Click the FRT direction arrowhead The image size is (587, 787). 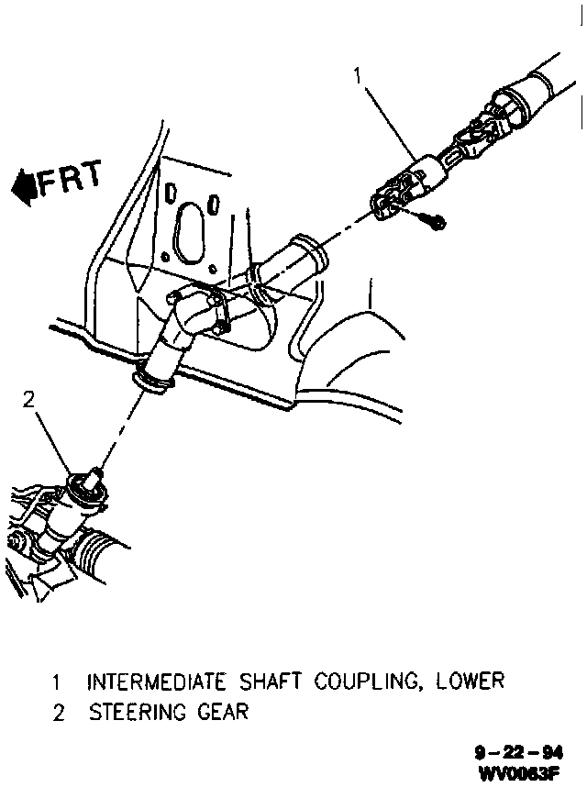pyautogui.click(x=24, y=187)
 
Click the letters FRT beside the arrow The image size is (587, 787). pyautogui.click(x=71, y=178)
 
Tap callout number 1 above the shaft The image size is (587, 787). pyautogui.click(x=357, y=76)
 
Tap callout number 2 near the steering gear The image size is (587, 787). pyautogui.click(x=28, y=400)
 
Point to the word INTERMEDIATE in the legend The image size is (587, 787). pyautogui.click(x=156, y=682)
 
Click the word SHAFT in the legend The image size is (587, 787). pyautogui.click(x=271, y=682)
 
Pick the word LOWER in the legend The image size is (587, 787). pyautogui.click(x=471, y=682)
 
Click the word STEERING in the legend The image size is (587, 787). pyautogui.click(x=138, y=712)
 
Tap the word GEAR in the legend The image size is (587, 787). pyautogui.click(x=223, y=712)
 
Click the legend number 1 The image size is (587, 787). pyautogui.click(x=57, y=682)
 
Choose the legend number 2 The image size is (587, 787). pyautogui.click(x=59, y=714)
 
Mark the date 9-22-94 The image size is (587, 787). pyautogui.click(x=519, y=753)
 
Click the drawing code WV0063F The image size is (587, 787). pyautogui.click(x=519, y=772)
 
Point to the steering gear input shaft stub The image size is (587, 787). pyautogui.click(x=94, y=476)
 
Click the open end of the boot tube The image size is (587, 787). pyautogui.click(x=312, y=249)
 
